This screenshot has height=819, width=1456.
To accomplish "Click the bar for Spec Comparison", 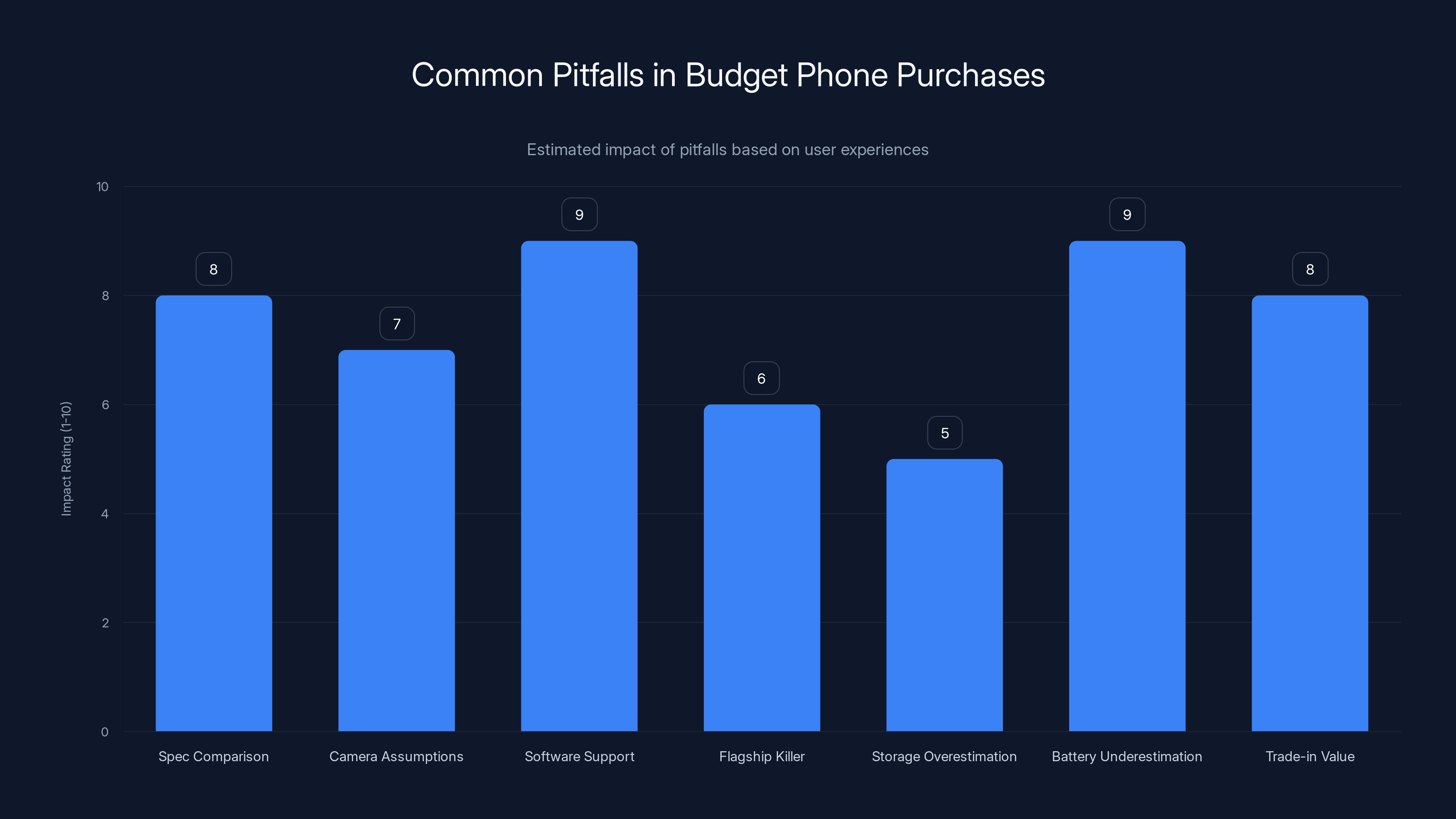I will coord(214,513).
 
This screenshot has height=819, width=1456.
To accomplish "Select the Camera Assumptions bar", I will coord(396,541).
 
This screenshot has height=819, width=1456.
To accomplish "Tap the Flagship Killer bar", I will coord(761,567).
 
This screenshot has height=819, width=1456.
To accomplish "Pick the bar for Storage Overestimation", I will coord(944,595).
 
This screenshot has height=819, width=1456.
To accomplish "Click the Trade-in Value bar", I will coord(1309,513).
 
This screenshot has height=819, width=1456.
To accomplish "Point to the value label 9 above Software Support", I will coord(579,215).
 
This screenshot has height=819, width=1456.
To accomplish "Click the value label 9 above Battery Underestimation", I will coord(1127,215).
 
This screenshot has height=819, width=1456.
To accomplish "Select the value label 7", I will coord(397,324).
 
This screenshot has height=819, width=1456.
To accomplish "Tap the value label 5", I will coord(945,433).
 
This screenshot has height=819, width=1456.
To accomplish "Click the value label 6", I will coord(761,378).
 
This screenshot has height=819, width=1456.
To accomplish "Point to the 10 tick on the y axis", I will coord(102,187).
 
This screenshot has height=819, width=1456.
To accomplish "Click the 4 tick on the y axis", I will coord(105,514).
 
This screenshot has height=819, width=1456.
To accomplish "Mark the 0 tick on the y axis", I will coord(105,733).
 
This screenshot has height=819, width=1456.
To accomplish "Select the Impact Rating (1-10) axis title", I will coord(66,458).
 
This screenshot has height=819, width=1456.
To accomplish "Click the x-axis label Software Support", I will coord(579,756).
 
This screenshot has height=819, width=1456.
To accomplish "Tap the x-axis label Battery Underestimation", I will coord(1127,756).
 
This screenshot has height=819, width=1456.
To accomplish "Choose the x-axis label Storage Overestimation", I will coord(944,756).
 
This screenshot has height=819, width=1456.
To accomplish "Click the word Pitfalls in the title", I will coord(598,75).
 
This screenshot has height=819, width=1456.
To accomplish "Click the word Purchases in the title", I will coord(970,75).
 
